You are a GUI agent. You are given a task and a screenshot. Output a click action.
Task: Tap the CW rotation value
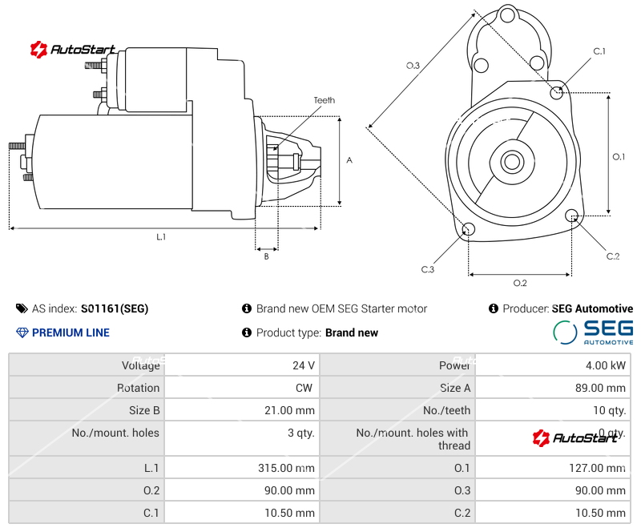[x=306, y=388]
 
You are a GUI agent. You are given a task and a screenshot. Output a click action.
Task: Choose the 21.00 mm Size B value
[x=289, y=410]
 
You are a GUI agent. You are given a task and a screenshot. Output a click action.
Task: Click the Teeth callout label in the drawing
[x=325, y=100]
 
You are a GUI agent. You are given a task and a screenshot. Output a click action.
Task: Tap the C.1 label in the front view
[x=599, y=51]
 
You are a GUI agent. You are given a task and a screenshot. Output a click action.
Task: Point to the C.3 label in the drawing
[x=428, y=269]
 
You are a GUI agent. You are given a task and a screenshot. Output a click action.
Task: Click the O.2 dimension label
[x=519, y=283]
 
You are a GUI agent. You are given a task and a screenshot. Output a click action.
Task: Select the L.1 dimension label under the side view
[x=161, y=236]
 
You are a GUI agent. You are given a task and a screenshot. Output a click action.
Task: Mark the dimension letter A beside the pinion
[x=349, y=160]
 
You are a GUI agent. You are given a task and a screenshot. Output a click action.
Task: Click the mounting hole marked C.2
[x=572, y=216]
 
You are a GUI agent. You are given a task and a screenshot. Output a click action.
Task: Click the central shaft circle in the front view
[x=511, y=162]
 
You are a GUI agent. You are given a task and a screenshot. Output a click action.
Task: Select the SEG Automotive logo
[x=593, y=332]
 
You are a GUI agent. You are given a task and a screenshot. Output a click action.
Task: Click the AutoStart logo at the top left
[x=73, y=50]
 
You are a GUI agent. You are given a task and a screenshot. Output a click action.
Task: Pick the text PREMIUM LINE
[x=71, y=332]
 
